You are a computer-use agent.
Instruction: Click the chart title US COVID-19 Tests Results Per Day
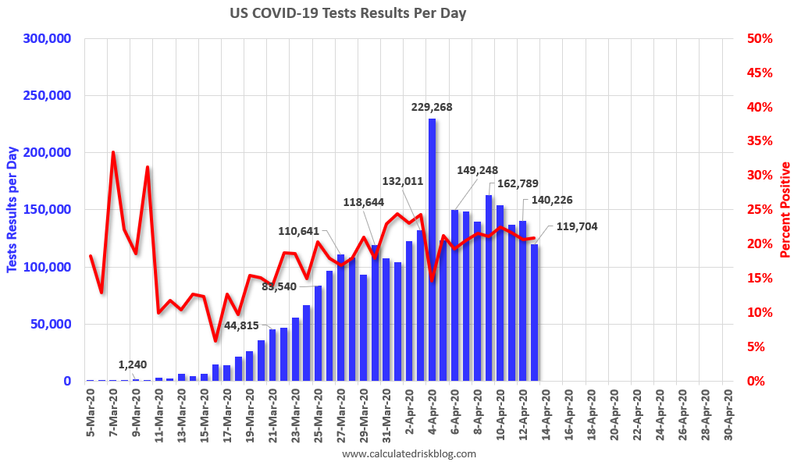pos(347,13)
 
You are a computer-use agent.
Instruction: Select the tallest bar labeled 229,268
pos(432,250)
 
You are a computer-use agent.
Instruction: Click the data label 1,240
pos(133,364)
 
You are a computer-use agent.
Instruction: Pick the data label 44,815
pos(247,325)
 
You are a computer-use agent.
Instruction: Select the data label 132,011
pos(403,181)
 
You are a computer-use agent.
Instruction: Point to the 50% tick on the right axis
pos(757,39)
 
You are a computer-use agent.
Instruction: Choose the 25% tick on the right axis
pos(757,210)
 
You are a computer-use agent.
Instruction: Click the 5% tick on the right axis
pos(760,347)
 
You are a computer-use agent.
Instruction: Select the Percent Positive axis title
pos(786,210)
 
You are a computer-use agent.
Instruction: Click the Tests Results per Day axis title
pos(12,210)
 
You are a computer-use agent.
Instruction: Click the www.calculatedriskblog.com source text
pos(409,453)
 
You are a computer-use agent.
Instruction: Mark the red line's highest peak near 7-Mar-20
pos(113,152)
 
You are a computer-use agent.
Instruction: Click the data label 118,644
pos(369,202)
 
